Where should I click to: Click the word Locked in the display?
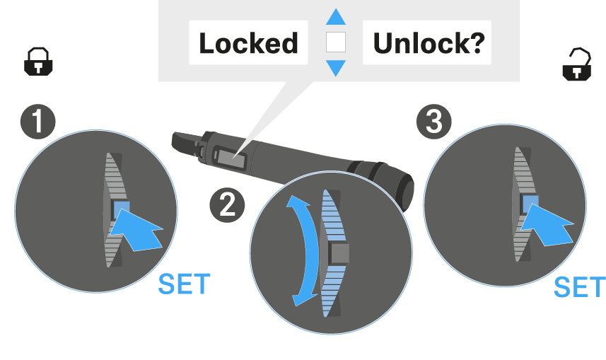(x=248, y=44)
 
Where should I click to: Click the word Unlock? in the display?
(x=428, y=44)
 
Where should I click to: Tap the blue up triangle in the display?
(x=335, y=16)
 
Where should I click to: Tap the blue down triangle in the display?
(x=335, y=69)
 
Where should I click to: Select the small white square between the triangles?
(x=335, y=42)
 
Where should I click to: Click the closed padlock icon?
(x=39, y=62)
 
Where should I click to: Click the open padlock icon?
(x=576, y=63)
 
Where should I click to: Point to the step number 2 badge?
(x=227, y=204)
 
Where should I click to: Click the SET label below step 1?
(x=184, y=284)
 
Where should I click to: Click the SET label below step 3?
(x=579, y=287)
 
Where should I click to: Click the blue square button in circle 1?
(x=121, y=209)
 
